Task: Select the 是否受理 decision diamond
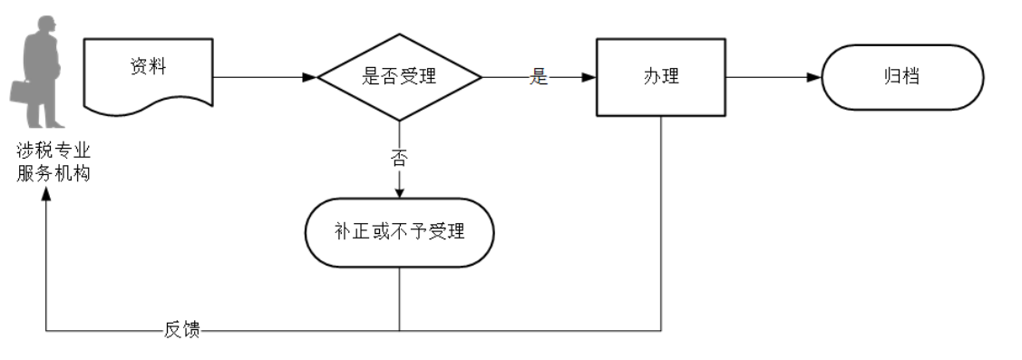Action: click(399, 77)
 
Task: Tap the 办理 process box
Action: click(660, 77)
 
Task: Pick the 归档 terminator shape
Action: click(901, 77)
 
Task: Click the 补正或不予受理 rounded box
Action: click(399, 232)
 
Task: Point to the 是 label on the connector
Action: click(540, 78)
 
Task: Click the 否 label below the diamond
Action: click(399, 158)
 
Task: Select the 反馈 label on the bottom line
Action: click(181, 330)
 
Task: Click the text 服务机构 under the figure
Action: click(54, 173)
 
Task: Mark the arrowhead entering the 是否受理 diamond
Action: click(310, 77)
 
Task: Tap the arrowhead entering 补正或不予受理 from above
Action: click(399, 190)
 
